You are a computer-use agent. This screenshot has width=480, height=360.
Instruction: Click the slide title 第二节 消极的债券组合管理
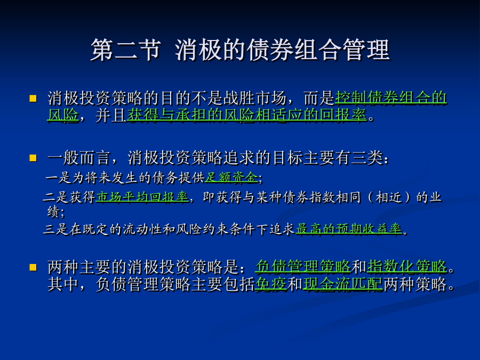tap(240, 50)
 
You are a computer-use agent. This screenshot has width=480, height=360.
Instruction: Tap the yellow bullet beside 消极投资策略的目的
tap(33, 98)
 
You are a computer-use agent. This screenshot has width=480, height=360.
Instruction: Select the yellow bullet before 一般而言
tap(33, 158)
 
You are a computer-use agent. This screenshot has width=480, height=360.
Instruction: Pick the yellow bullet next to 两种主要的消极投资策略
tap(33, 268)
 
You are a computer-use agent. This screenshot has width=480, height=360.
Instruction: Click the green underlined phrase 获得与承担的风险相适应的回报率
tap(247, 115)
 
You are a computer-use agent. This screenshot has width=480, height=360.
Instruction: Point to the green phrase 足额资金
tap(231, 177)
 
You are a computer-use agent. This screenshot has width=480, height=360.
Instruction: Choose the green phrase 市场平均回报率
tap(142, 197)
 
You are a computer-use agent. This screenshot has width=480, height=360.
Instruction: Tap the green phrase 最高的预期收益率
tap(349, 229)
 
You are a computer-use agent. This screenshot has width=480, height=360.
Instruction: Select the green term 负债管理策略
tap(303, 266)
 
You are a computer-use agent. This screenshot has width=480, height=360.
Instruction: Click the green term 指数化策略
tap(407, 266)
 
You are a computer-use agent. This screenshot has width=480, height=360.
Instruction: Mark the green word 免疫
tap(271, 284)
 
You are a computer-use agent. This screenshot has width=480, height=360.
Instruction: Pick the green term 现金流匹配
tap(343, 284)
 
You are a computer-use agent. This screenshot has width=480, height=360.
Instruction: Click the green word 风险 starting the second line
tap(63, 115)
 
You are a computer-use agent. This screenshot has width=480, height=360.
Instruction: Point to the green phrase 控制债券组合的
tap(391, 98)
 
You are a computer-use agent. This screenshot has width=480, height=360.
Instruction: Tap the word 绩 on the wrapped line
tap(53, 212)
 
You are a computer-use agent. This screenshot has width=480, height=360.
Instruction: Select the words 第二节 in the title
tap(126, 50)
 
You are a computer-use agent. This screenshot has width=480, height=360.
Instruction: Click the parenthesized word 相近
tap(388, 197)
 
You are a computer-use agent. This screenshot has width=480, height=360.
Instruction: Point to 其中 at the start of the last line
tap(63, 284)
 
